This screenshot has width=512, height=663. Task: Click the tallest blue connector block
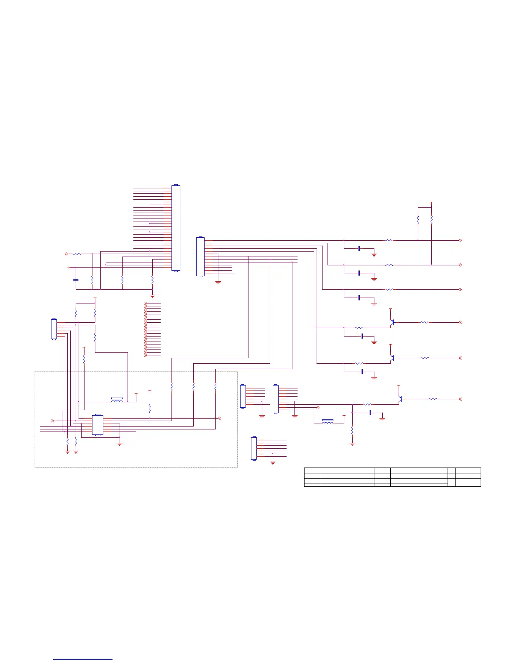coord(176,228)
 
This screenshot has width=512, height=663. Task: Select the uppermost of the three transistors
coord(392,323)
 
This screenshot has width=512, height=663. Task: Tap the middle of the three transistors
coord(392,358)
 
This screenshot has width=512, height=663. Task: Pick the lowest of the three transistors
coord(400,399)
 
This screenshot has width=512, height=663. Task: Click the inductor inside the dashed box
coord(117,401)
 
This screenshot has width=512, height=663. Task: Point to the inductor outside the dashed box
coord(328,422)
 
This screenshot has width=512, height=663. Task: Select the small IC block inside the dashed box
coord(97,425)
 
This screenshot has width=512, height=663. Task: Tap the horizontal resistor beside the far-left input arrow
coord(77,254)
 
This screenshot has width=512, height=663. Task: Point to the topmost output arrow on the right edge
coord(460,240)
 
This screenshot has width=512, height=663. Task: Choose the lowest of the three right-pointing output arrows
coord(460,289)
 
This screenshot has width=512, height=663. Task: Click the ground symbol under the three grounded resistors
coord(152,296)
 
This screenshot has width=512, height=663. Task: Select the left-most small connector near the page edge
coord(54,329)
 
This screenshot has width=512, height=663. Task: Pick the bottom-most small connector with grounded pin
coord(253,448)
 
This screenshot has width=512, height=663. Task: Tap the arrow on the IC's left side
coord(53,421)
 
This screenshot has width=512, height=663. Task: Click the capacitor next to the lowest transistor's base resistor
coord(370,413)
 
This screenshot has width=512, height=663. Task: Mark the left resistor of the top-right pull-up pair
coord(418,220)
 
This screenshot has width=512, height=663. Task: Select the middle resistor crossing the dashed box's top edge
coord(194,387)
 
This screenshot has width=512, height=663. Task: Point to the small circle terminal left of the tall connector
coord(68,267)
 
